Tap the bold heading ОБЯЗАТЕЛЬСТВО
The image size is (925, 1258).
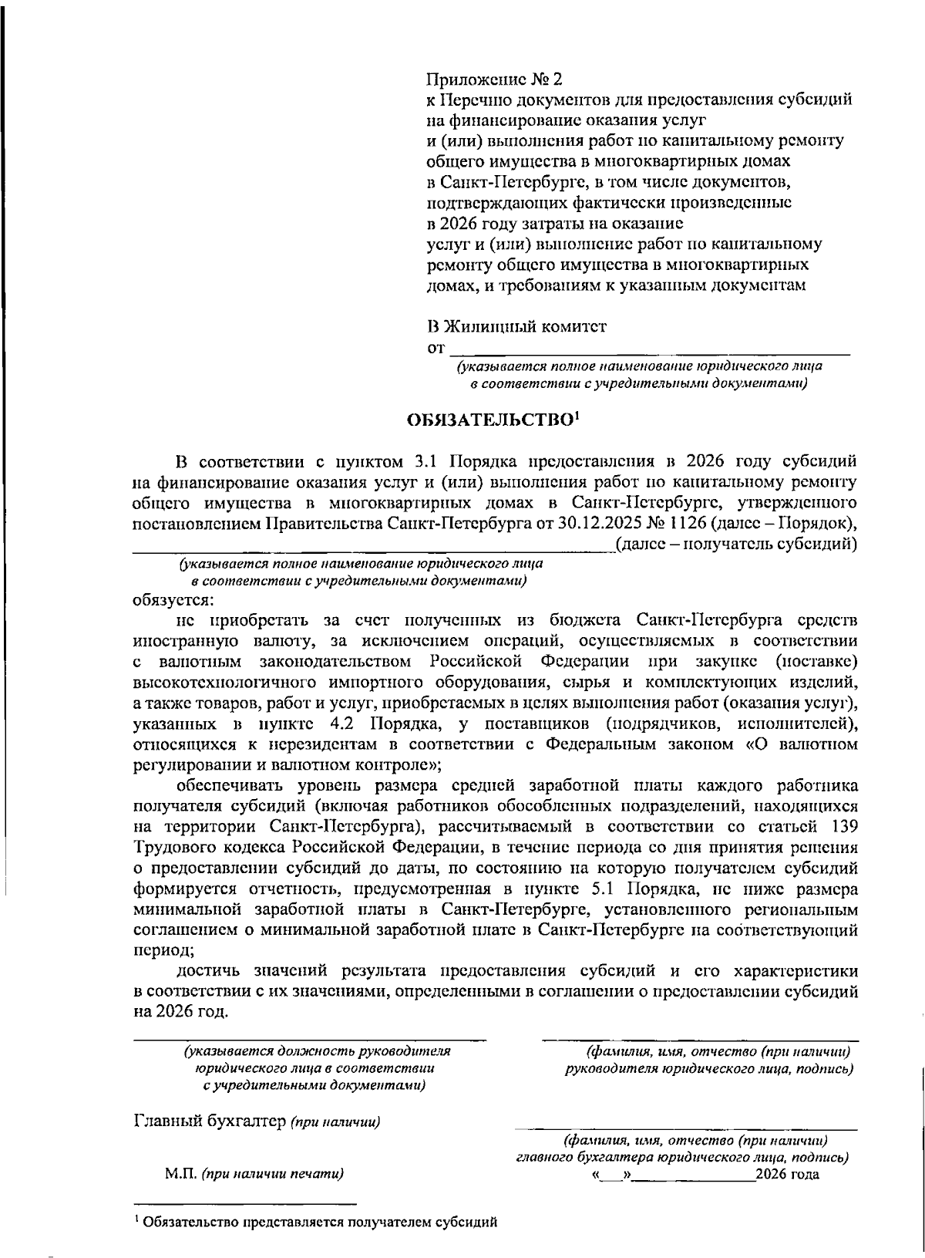(489, 420)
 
